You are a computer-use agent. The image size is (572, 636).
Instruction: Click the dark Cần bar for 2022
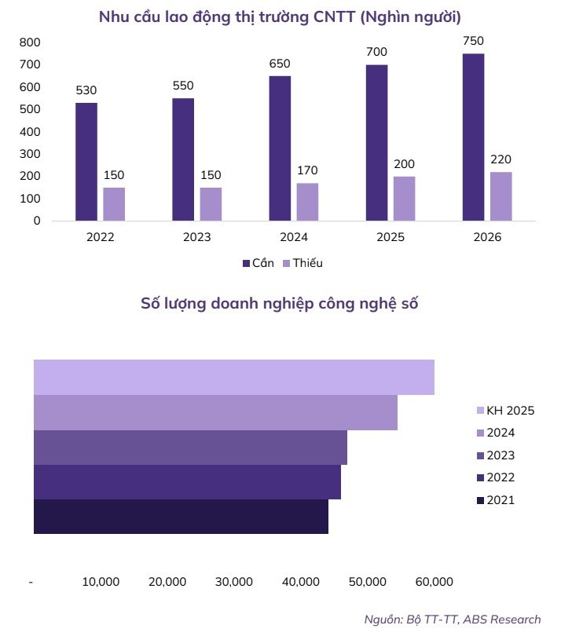[86, 161]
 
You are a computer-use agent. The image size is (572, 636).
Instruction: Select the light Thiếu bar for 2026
[500, 196]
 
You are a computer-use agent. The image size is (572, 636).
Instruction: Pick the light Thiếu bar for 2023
[211, 203]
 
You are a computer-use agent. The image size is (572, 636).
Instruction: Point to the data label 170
[307, 170]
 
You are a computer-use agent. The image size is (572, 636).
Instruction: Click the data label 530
[86, 90]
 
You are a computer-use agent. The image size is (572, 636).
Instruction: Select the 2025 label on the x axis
[390, 237]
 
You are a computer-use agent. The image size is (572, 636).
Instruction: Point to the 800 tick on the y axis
[31, 42]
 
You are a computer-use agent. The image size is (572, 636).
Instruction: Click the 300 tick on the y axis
[31, 154]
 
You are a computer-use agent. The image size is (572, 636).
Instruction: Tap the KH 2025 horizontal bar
[233, 377]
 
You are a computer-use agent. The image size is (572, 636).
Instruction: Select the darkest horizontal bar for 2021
[181, 517]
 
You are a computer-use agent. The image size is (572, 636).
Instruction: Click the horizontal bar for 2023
[190, 447]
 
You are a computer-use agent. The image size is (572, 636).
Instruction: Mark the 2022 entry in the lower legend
[500, 477]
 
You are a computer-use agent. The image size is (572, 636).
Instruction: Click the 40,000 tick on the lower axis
[300, 582]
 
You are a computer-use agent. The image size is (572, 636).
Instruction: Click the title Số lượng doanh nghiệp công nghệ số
[279, 304]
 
